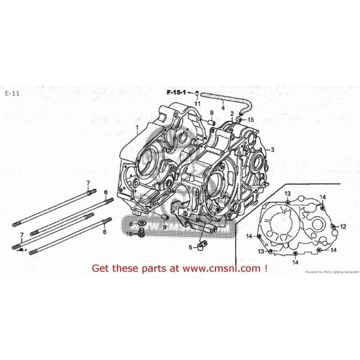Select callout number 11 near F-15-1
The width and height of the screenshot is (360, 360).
pos(197,104)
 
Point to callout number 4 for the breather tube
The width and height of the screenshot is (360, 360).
pos(223,108)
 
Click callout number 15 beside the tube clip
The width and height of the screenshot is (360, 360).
pos(251,119)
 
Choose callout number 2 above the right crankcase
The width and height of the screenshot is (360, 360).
pos(232,113)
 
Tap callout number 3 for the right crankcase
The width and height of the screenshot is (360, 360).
pos(272,150)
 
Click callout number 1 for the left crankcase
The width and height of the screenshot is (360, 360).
pos(137,128)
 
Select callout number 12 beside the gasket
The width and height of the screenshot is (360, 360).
pos(343,226)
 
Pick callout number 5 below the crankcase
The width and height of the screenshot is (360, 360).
pos(190,247)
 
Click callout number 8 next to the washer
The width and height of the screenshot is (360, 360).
pos(130,224)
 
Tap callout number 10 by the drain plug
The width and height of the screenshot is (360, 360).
pos(130,233)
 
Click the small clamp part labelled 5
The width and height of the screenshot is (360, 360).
pos(203,244)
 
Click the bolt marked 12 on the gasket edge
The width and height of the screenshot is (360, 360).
pos(333,226)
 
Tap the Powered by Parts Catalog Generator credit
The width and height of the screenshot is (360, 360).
pos(330,272)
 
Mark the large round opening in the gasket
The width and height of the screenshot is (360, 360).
pos(280,225)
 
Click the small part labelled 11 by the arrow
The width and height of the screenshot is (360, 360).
pos(196,94)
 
